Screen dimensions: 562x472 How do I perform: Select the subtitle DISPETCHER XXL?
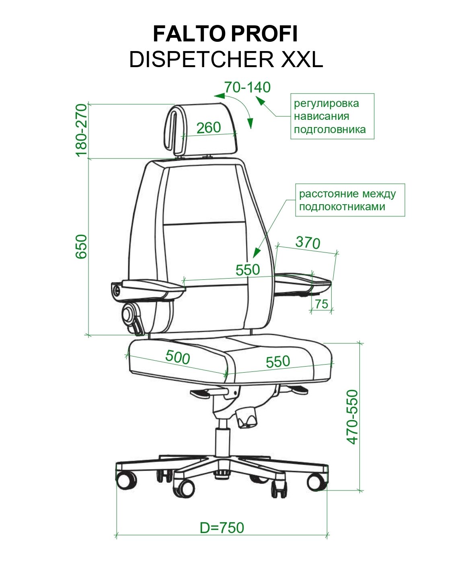coord(226,59)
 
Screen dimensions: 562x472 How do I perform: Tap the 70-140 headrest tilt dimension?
coord(247,87)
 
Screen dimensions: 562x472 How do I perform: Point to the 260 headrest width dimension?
coord(209,127)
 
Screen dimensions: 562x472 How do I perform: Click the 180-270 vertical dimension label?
coord(82,130)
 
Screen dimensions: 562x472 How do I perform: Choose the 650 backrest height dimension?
coord(82,246)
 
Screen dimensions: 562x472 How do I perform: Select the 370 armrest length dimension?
coord(308,242)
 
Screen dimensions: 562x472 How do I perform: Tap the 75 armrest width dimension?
coord(322,304)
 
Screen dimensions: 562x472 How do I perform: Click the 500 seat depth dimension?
coord(177,357)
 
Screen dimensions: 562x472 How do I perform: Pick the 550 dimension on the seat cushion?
coord(278,361)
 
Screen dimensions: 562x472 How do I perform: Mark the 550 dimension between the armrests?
coord(248,269)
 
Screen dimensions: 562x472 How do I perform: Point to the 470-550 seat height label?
coord(353,416)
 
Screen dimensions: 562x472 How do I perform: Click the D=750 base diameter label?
coord(222,527)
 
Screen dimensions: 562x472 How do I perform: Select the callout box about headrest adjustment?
coord(332,116)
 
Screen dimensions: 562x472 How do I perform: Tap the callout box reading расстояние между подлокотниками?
coord(350,200)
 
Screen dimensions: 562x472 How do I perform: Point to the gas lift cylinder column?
coord(222,442)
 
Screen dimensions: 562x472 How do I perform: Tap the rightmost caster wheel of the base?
coord(316,481)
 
